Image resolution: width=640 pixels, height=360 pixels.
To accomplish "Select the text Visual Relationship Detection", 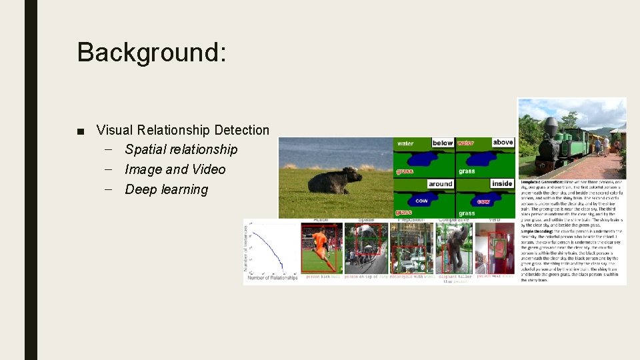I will coord(183,130).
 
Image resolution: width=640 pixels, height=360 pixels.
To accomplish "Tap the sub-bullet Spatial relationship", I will coord(181,149).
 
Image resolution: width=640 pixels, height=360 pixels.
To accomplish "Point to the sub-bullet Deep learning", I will coord(166,189).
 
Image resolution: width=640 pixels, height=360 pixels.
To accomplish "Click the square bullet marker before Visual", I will coord(80,131).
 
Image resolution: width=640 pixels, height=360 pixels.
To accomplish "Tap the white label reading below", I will coord(442,143).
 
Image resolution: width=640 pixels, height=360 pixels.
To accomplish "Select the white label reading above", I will coord(503,142).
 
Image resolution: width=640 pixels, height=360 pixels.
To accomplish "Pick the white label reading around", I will coord(440,183).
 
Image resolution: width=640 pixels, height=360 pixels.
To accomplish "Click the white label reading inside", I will coord(502,183).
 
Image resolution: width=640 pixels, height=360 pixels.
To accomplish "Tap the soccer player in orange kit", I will coord(320,248).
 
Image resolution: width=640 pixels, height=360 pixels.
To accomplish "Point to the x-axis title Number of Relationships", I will coord(272,278).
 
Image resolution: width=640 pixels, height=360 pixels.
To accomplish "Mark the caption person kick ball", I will coord(321,276).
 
